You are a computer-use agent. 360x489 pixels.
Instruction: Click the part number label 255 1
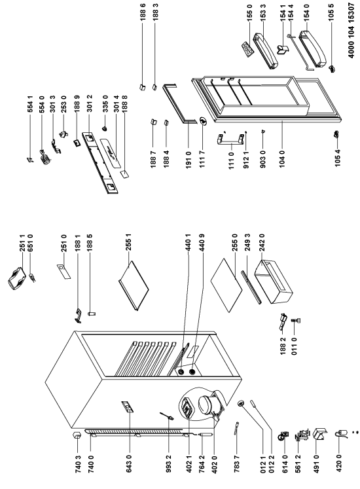pos(128,243)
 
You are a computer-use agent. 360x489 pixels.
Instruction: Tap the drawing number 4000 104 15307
pos(351,30)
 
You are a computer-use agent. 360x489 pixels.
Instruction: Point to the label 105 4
pos(338,158)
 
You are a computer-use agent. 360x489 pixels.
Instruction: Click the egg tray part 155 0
pos(247,49)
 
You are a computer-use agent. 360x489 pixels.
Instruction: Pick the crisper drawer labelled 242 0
pos(274,281)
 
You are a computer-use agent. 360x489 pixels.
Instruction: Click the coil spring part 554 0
pos(45,156)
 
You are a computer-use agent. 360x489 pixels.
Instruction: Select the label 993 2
pos(169,463)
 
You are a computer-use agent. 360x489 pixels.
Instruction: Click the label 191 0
pos(189,160)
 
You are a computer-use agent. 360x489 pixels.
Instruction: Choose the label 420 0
pos(339,463)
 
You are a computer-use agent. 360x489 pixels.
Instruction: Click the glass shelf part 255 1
pos(134,285)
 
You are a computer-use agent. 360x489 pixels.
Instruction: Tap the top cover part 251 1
pos(16,278)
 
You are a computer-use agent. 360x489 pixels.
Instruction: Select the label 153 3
pos(263,10)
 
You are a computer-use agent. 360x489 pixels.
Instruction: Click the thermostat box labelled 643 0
pos(128,407)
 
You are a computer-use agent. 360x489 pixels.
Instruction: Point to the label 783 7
pos(237,463)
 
